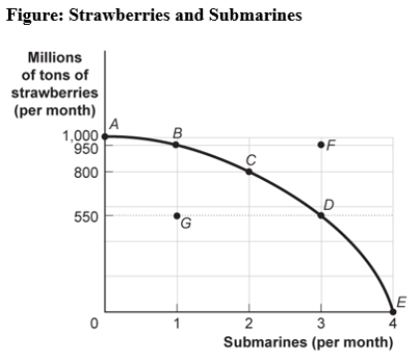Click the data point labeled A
(105, 134)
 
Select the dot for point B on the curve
(176, 144)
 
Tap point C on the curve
(249, 171)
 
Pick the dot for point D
(320, 215)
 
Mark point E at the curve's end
(392, 311)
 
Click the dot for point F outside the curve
(320, 144)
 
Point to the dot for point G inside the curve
(176, 215)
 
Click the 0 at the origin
(95, 323)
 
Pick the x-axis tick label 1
(176, 323)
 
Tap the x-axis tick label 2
(249, 323)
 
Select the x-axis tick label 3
(320, 323)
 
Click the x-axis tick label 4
(392, 323)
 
